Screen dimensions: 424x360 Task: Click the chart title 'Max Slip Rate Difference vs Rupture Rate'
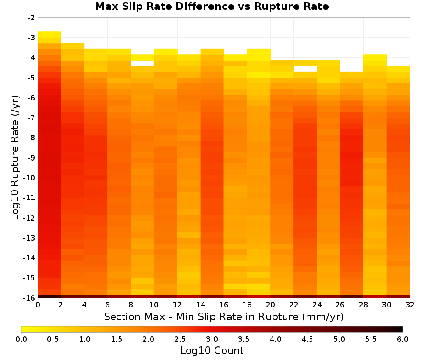(x=212, y=6)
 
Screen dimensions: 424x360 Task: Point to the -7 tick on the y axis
(x=31, y=118)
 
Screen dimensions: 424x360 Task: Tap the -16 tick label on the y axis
(x=30, y=298)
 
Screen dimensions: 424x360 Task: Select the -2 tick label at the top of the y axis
(x=31, y=18)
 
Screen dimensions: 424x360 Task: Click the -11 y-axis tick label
(x=30, y=198)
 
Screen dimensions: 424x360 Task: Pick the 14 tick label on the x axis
(x=201, y=305)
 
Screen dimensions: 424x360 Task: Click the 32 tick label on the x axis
(x=410, y=305)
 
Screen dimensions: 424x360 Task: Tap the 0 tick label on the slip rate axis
(x=38, y=305)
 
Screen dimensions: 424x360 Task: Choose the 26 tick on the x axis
(x=340, y=305)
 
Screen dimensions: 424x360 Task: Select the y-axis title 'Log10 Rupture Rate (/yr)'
(x=15, y=158)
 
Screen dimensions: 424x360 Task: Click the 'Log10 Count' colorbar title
(x=212, y=351)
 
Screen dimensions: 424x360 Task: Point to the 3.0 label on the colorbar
(x=212, y=339)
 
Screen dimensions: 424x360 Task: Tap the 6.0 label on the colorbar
(x=403, y=339)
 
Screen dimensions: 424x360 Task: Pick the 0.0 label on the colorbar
(x=21, y=339)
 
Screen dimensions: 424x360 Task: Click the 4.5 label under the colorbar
(x=307, y=339)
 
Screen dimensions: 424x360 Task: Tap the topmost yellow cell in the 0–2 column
(x=50, y=34)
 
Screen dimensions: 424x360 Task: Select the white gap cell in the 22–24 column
(x=305, y=69)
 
